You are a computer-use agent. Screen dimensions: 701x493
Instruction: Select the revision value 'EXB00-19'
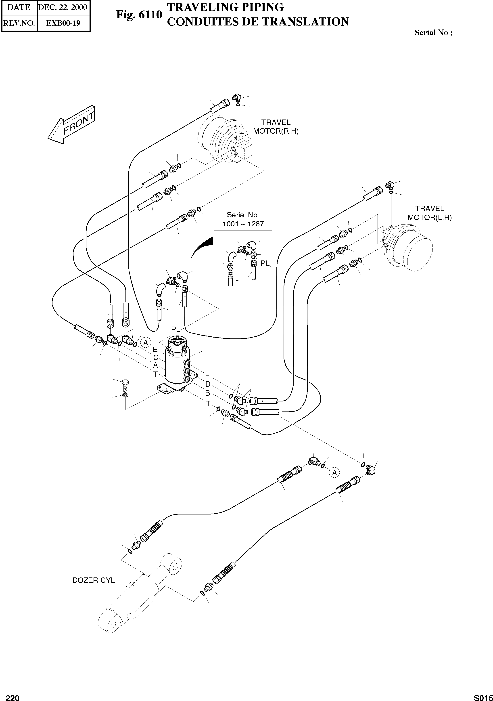click(x=63, y=23)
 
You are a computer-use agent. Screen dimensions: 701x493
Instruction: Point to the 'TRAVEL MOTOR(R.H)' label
click(x=276, y=127)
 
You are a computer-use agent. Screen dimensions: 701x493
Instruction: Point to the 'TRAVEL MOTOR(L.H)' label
click(x=430, y=213)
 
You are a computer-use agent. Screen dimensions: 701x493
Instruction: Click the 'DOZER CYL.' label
click(x=95, y=580)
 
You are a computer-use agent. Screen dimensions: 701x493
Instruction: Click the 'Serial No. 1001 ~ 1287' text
click(x=243, y=219)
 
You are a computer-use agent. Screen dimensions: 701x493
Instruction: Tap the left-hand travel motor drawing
click(x=409, y=248)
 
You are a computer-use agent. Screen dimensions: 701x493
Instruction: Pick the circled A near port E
click(x=146, y=342)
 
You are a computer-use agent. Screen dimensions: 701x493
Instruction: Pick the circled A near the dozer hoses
click(x=334, y=473)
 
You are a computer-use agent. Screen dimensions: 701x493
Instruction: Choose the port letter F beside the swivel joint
click(x=207, y=375)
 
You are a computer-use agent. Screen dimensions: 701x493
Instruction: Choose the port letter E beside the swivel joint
click(x=155, y=350)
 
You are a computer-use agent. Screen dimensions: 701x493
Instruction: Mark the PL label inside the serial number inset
click(x=265, y=263)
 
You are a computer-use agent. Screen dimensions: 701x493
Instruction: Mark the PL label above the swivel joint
click(x=175, y=329)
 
